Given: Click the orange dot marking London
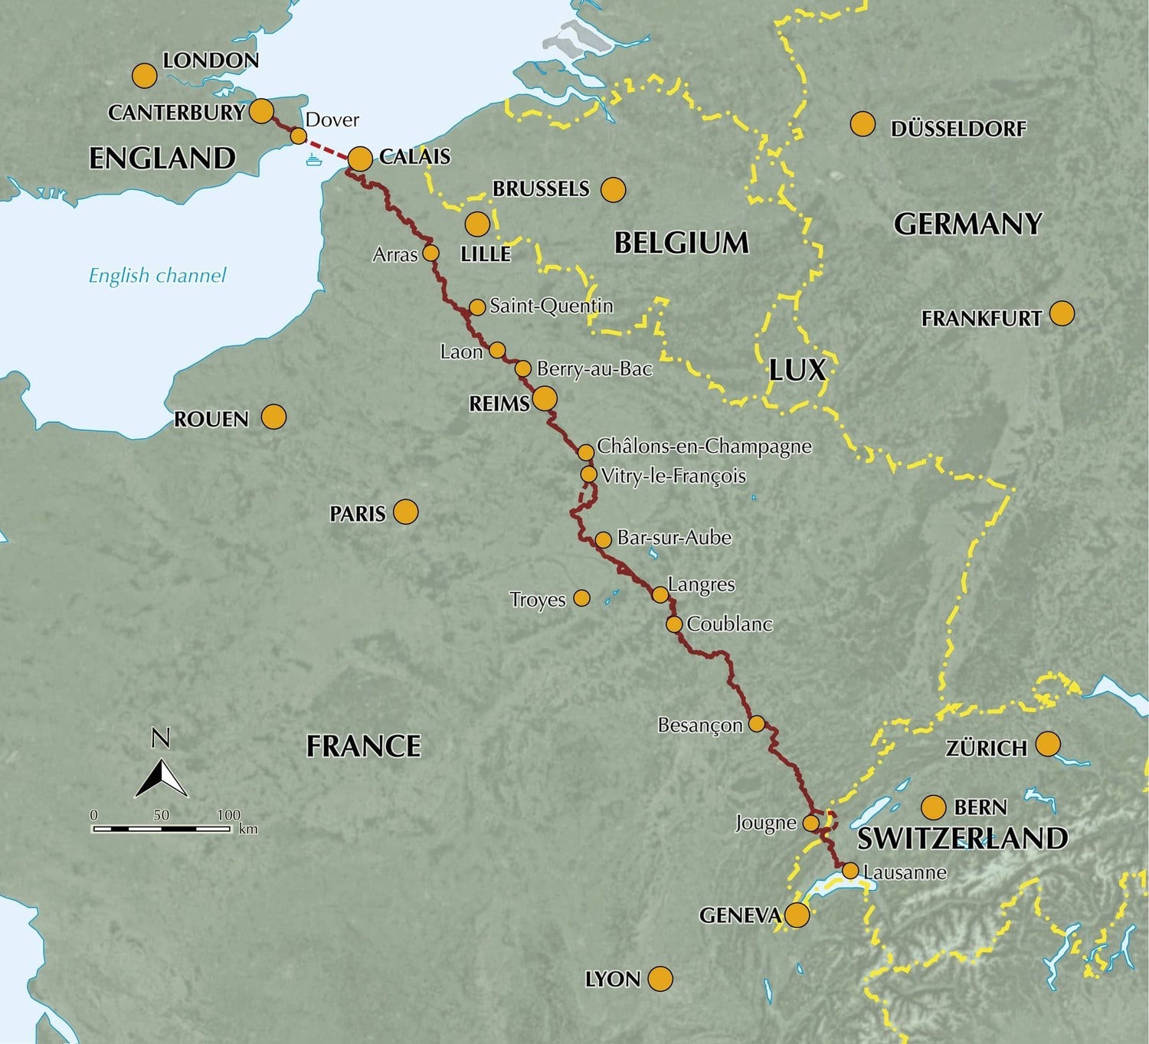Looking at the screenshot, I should coord(144,76).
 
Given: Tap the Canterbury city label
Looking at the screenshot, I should coord(176,113).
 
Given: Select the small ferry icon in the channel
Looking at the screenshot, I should coord(313,159).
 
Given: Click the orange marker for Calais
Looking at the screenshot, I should coord(360,159).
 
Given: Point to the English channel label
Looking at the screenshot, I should coord(157,276).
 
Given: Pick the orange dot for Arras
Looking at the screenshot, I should coord(430,253).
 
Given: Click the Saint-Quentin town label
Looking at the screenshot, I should coord(552,306).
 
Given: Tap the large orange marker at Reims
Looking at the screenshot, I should coord(545,398).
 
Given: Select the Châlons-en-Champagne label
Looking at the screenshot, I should coord(704,446).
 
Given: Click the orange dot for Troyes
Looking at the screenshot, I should coord(582,597).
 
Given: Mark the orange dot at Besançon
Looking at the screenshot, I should coord(757,723).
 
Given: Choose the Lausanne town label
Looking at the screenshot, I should coord(905,872).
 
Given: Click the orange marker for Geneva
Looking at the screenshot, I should coord(797,915).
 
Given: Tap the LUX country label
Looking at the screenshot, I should coord(797,371).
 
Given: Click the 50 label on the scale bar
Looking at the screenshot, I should coord(161,815).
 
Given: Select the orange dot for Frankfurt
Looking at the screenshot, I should coord(1062,313).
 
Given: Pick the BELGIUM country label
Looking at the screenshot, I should coord(681,244).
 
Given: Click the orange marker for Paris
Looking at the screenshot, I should coord(406,512).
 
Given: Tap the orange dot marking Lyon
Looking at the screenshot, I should coord(660,978).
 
